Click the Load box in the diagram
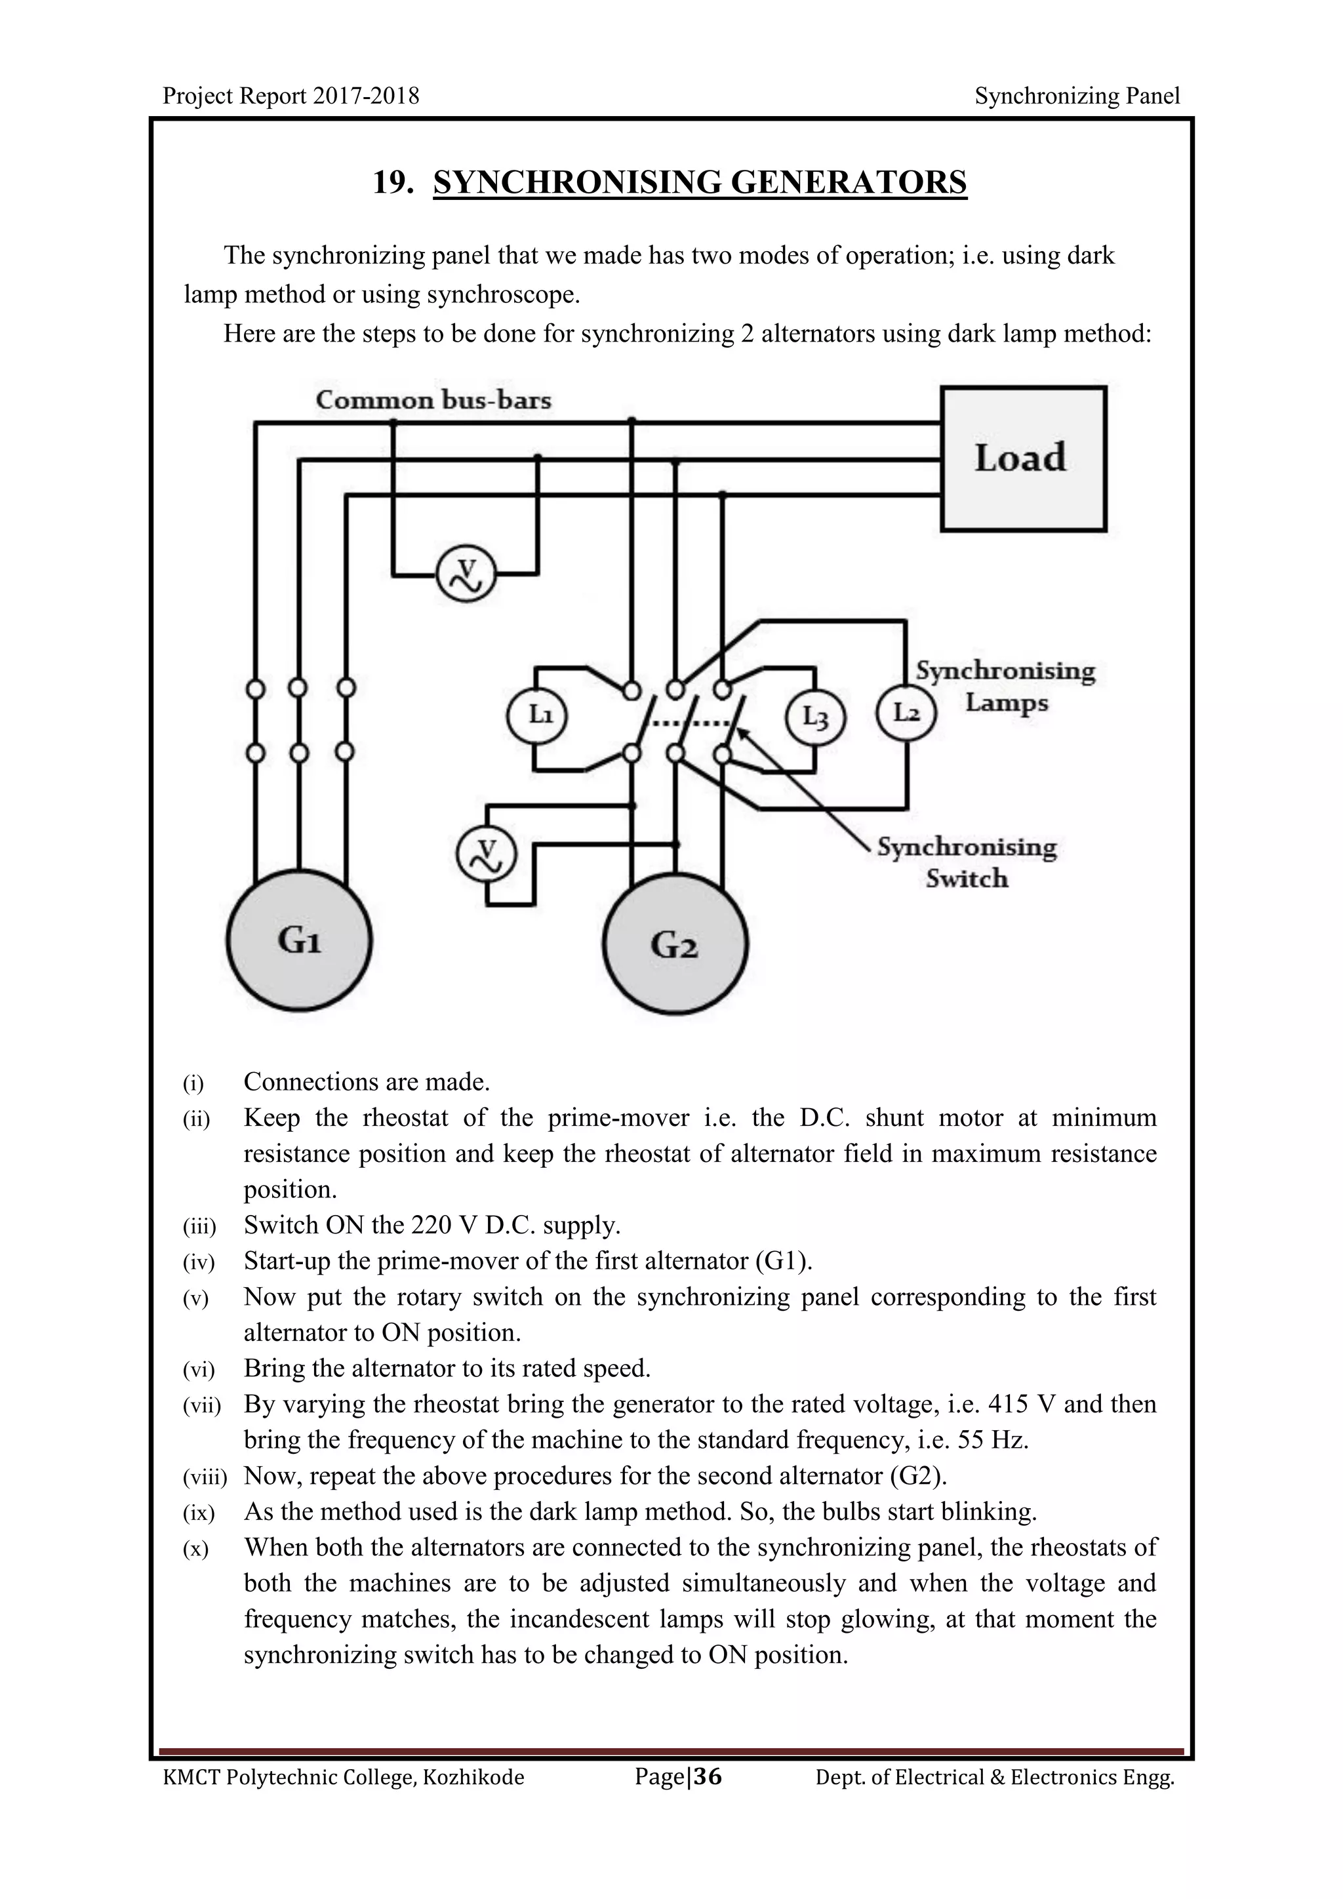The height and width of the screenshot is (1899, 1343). [x=1023, y=459]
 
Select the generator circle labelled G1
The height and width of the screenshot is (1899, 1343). [x=300, y=940]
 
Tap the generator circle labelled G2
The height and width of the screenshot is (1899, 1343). [x=675, y=944]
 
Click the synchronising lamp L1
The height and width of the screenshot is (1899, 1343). [x=536, y=715]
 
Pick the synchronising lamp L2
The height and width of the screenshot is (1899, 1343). [x=906, y=713]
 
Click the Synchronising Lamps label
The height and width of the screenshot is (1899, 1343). [x=1005, y=687]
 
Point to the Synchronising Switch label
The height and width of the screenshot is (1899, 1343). [x=967, y=863]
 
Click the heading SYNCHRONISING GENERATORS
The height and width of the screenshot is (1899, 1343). [x=700, y=182]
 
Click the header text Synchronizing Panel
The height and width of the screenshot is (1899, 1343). [x=1077, y=96]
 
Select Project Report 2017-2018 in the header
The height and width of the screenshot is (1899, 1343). [x=291, y=96]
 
